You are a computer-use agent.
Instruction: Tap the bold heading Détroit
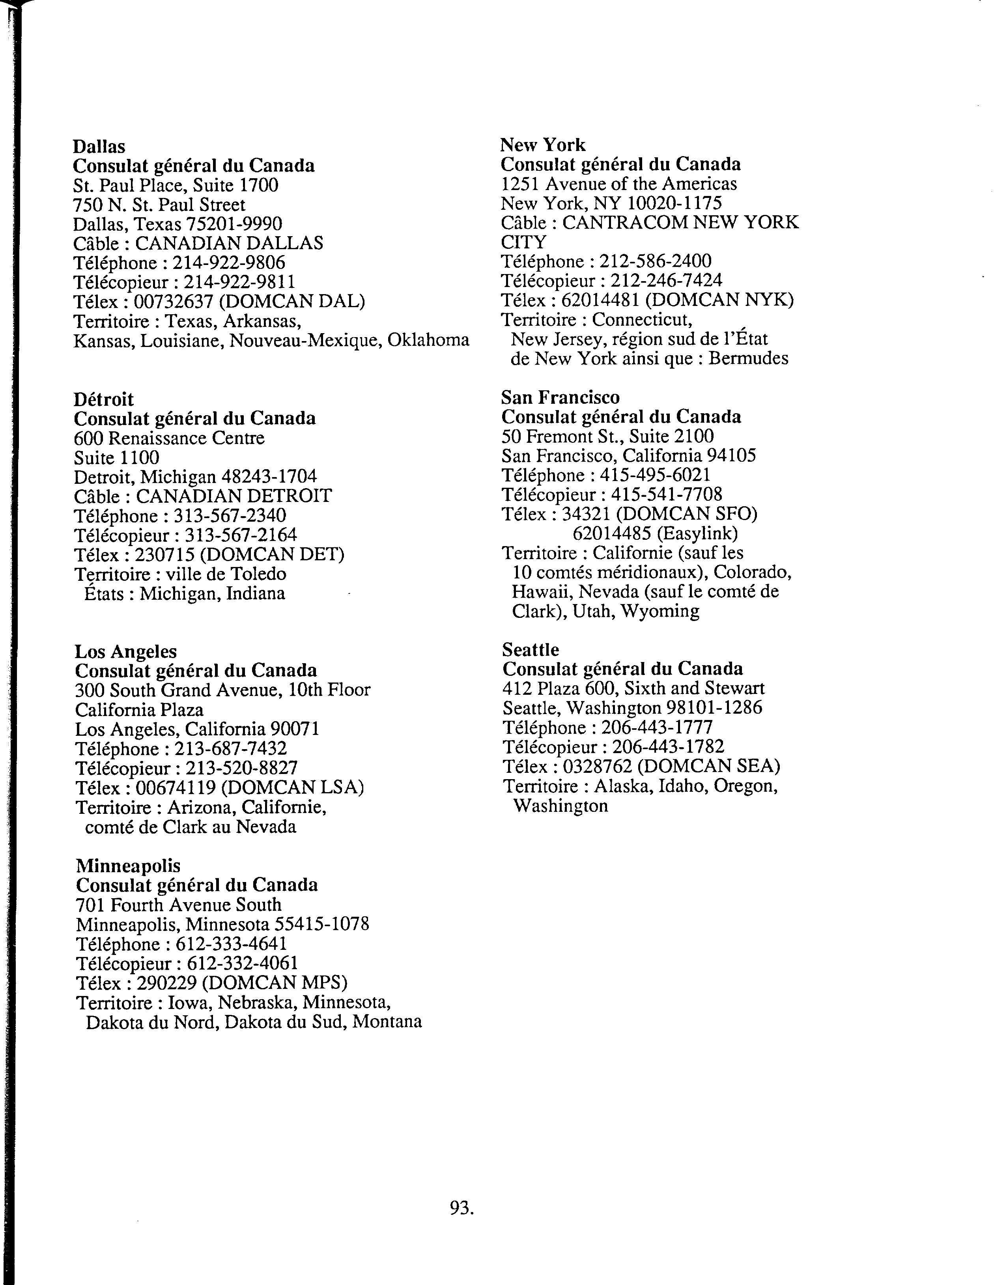tap(104, 399)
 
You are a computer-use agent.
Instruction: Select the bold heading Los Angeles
tap(125, 651)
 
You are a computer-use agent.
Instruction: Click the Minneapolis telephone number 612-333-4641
tap(231, 944)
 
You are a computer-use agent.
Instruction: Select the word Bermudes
tap(747, 358)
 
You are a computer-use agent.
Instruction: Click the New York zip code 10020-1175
tap(673, 203)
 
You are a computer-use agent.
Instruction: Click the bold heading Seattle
tap(530, 649)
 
